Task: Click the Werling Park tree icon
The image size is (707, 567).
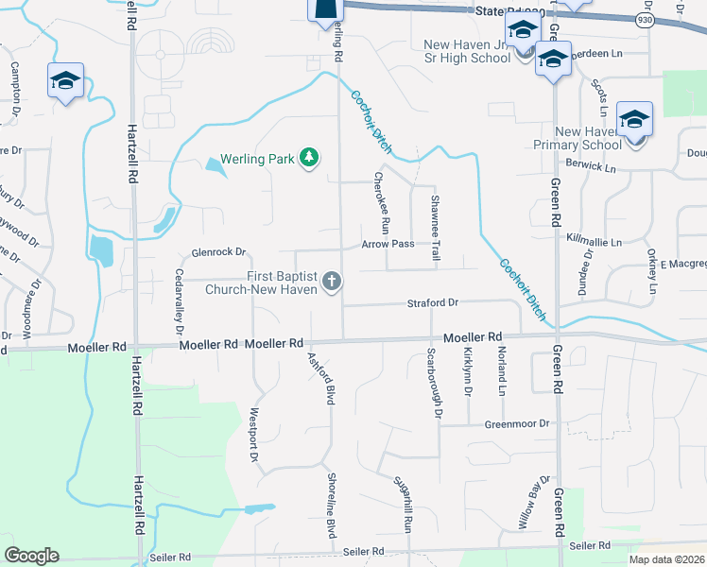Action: click(308, 157)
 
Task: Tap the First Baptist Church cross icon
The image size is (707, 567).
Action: click(332, 281)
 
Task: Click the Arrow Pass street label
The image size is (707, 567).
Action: click(388, 244)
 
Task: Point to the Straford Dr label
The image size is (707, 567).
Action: click(433, 302)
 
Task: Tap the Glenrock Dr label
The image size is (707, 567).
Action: click(218, 252)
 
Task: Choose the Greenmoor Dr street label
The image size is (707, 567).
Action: click(518, 423)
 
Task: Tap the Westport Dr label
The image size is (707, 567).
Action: click(253, 434)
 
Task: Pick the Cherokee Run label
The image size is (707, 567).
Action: click(381, 201)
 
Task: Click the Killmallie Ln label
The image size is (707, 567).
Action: click(594, 242)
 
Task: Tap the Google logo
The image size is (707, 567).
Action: click(31, 556)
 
